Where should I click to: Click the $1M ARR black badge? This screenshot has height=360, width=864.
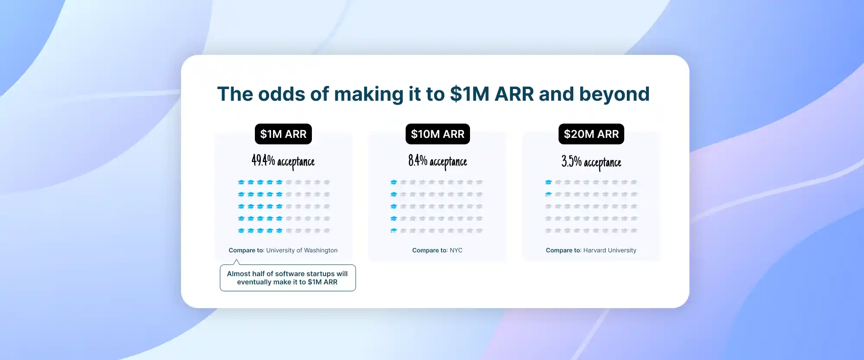click(283, 134)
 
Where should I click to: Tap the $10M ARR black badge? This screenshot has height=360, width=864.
click(438, 134)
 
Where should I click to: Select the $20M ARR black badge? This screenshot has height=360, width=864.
click(591, 134)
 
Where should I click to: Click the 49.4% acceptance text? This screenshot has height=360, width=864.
click(283, 162)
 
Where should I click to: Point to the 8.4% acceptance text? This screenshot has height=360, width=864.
click(438, 162)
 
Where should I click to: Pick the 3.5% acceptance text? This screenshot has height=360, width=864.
click(591, 162)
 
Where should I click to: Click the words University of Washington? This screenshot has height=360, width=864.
click(302, 250)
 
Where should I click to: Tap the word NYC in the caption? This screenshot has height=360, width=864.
click(456, 250)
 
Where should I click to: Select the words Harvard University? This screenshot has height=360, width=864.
click(610, 250)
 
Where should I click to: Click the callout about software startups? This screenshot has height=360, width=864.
click(288, 278)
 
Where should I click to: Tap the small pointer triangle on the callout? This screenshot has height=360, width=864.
click(236, 262)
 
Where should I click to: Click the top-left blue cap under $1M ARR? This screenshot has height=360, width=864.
click(241, 182)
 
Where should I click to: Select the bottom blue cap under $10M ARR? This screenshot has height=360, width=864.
click(394, 231)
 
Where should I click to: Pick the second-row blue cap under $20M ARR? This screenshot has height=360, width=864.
click(548, 194)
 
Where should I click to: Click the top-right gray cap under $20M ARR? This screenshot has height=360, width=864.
click(634, 182)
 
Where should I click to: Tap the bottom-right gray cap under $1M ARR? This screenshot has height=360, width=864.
click(327, 231)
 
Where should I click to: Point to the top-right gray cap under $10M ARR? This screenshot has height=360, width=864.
click(479, 182)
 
